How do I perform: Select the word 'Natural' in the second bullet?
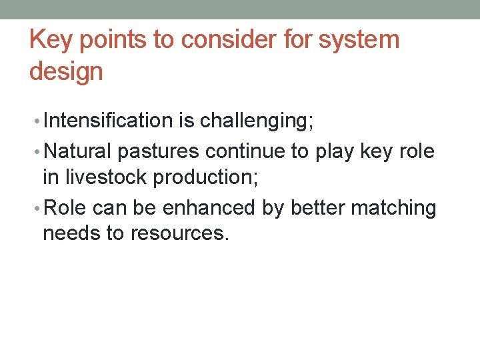point(78,151)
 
